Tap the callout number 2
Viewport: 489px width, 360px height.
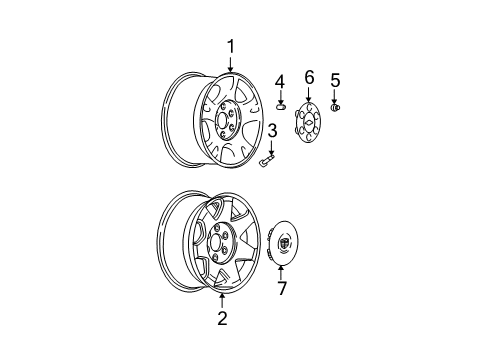tap(222, 318)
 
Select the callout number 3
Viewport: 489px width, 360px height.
tap(272, 130)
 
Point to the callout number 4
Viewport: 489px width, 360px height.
tap(280, 80)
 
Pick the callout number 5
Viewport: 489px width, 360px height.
tap(335, 80)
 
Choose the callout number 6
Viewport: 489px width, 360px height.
tap(309, 76)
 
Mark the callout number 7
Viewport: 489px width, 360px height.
tap(282, 289)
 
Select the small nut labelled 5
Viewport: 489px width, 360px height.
tap(335, 107)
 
